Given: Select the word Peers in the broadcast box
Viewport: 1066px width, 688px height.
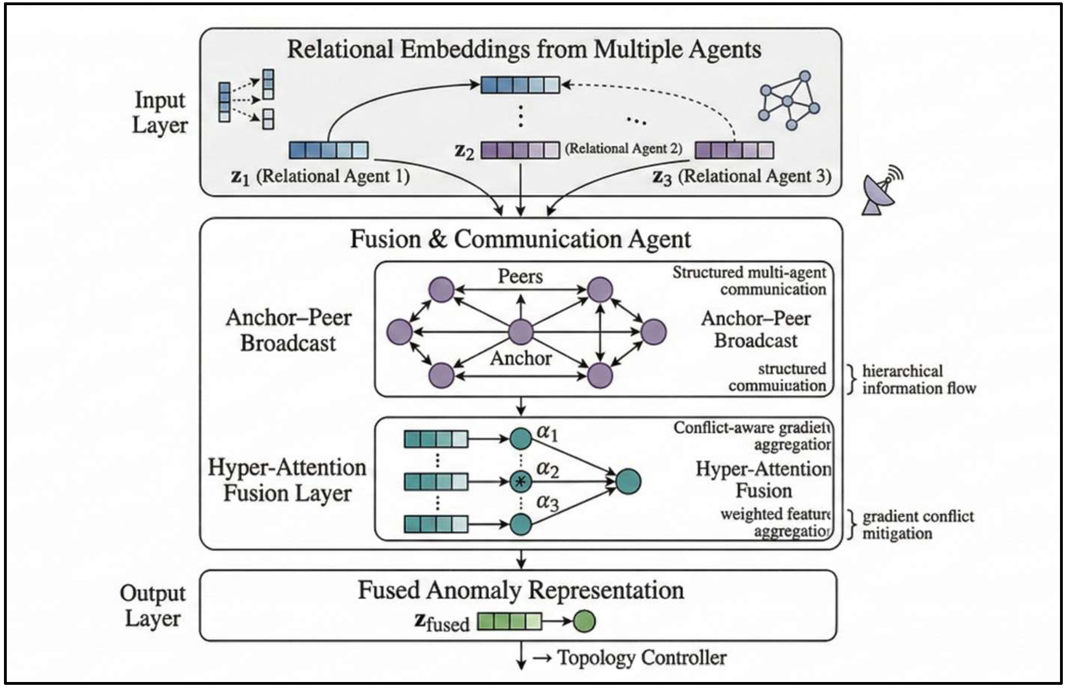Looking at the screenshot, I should pyautogui.click(x=520, y=277).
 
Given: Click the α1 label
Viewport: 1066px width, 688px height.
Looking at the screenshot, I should pyautogui.click(x=547, y=432).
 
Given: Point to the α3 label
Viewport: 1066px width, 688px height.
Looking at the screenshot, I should pyautogui.click(x=548, y=503).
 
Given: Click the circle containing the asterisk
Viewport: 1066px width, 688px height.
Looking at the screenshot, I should pyautogui.click(x=520, y=482).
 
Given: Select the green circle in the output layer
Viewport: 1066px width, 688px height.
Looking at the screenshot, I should pyautogui.click(x=584, y=621).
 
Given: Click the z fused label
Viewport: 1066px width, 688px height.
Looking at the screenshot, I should pyautogui.click(x=442, y=622).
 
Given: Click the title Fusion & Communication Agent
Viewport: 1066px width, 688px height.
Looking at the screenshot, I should pyautogui.click(x=520, y=239).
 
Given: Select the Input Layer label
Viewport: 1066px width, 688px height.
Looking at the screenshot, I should pyautogui.click(x=159, y=112).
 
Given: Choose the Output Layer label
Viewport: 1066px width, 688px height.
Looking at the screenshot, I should pyautogui.click(x=152, y=606).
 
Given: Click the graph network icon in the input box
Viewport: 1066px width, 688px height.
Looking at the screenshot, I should pyautogui.click(x=788, y=100).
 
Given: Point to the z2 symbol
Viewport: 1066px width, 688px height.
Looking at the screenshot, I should pyautogui.click(x=464, y=151).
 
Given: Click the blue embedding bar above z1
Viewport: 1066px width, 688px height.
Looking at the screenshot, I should pyautogui.click(x=329, y=150).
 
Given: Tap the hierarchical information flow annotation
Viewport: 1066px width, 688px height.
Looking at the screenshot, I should pyautogui.click(x=918, y=379).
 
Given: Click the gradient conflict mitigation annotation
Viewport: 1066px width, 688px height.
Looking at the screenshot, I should pyautogui.click(x=917, y=525).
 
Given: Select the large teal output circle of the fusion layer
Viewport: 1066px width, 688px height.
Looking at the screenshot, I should pyautogui.click(x=628, y=482).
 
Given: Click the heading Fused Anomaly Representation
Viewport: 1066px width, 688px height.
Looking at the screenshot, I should pyautogui.click(x=520, y=590).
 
